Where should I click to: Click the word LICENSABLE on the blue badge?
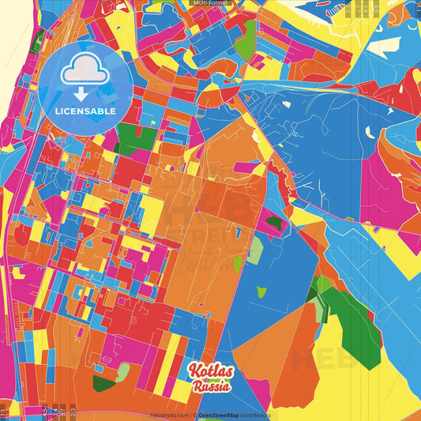pos(85,111)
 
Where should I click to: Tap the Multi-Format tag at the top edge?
pos(210,3)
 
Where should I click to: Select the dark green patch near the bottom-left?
pos(103,384)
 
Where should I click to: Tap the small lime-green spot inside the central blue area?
pos(261,291)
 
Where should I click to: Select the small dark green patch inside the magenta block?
pos(274,223)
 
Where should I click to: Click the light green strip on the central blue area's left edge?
pos(254,250)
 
